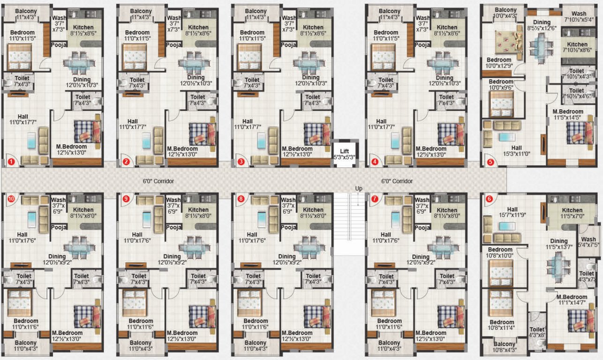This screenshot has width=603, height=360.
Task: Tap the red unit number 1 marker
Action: tap(11, 162)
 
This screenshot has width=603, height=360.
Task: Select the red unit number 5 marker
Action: tap(490, 162)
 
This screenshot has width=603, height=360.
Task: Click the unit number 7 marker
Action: tap(374, 198)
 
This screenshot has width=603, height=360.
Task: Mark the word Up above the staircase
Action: tap(359, 188)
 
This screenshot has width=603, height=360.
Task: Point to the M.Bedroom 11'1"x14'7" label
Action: tap(572, 300)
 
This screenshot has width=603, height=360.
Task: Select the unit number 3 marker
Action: tap(241, 162)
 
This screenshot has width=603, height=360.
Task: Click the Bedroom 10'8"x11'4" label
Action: tap(501, 325)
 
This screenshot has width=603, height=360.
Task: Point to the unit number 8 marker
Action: tap(241, 198)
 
